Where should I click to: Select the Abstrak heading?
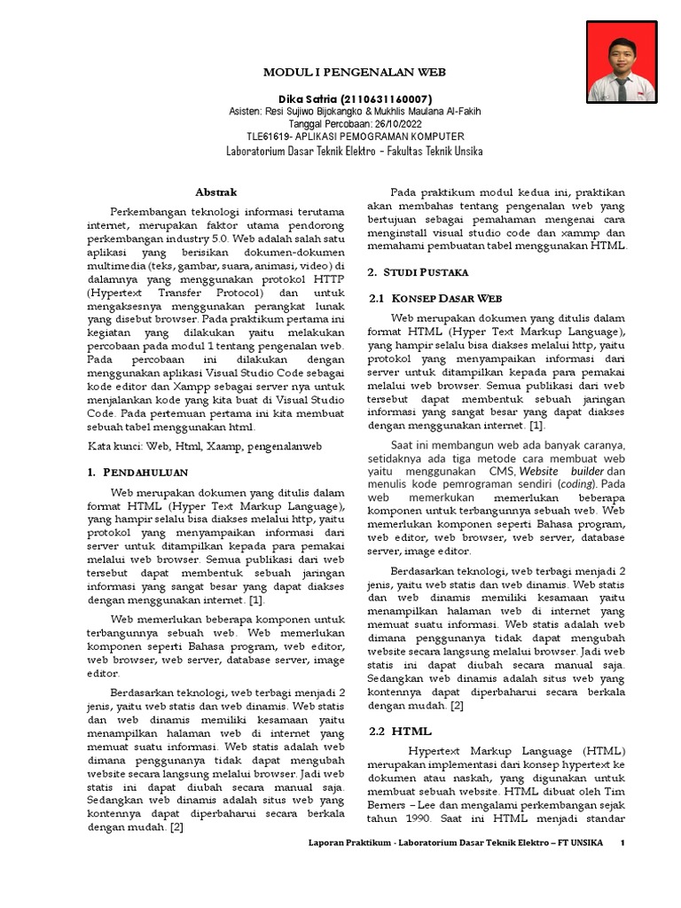coord(216,191)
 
